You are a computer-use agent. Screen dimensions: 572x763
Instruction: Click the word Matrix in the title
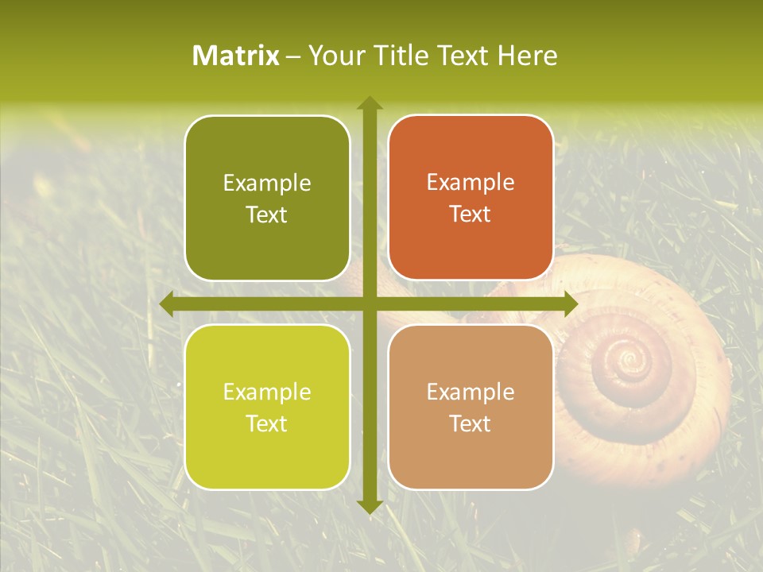point(236,56)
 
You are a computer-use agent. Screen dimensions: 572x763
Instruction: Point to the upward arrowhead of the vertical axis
point(369,103)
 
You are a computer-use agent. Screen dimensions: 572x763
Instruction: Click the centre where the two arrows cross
point(369,303)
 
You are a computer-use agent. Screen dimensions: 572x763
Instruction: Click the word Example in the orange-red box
point(471,183)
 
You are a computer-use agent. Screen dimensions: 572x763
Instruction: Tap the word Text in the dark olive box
point(267,215)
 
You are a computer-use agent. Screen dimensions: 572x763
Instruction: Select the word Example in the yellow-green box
point(267,392)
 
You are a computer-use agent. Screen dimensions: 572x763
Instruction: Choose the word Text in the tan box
point(471,423)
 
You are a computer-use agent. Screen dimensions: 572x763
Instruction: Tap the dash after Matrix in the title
point(293,56)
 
